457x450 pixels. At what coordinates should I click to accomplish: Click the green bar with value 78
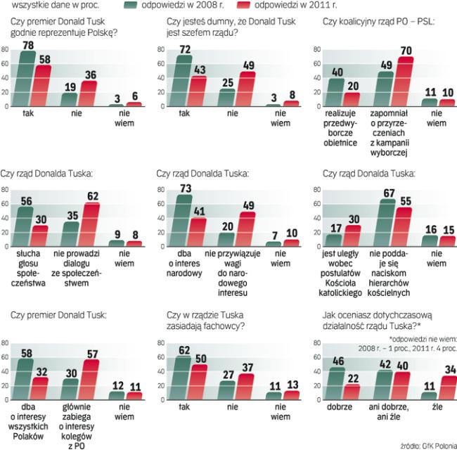pos(27,79)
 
